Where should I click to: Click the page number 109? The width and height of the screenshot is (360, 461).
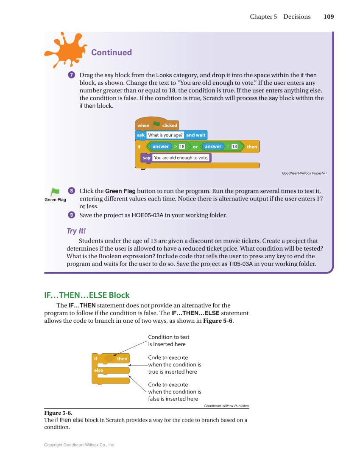(328, 17)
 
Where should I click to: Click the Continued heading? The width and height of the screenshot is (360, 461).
(111, 53)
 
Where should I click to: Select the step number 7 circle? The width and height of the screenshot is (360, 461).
(72, 75)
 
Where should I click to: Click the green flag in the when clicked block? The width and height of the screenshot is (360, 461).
(156, 125)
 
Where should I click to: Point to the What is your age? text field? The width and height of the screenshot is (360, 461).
(165, 135)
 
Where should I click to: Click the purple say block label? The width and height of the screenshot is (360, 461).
(146, 158)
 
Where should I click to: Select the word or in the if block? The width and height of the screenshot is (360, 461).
(195, 147)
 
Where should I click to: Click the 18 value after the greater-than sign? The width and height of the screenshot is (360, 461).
(182, 147)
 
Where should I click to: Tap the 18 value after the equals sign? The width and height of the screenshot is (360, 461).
(234, 147)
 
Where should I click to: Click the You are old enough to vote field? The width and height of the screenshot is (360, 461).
(181, 158)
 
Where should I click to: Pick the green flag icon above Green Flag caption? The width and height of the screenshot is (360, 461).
(55, 192)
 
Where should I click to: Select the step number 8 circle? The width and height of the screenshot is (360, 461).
(72, 191)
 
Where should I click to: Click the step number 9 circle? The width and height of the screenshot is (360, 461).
(72, 215)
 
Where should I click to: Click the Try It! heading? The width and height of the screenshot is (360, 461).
(76, 231)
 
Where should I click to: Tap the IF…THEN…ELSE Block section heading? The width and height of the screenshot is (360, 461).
(87, 295)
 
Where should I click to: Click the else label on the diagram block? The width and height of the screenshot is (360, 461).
(98, 370)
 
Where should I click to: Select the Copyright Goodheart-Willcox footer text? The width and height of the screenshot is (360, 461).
(80, 445)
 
